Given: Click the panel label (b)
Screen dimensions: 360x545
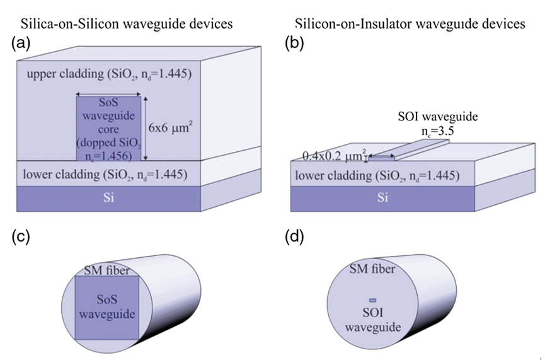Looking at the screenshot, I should tap(297, 44).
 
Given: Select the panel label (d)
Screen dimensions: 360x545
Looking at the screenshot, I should tap(297, 238).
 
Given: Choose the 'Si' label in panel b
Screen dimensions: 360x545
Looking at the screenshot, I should tap(382, 197).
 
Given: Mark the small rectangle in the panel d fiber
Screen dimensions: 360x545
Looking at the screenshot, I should tap(372, 300).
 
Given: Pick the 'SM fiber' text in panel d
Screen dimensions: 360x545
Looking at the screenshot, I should tap(373, 270).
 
